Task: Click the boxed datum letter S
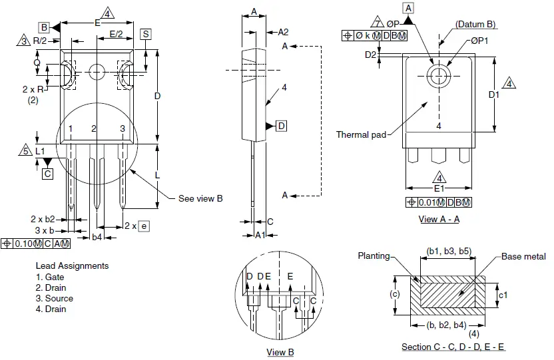[x=146, y=34]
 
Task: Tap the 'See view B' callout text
[x=200, y=198]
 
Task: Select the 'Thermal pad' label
[x=361, y=135]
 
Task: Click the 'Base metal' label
[x=523, y=257]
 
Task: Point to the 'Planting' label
[x=374, y=256]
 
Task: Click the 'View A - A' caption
[x=439, y=219]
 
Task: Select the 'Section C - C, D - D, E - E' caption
[x=453, y=347]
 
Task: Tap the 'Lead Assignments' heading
[x=72, y=266]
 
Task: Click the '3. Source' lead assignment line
[x=55, y=298]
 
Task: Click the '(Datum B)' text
[x=475, y=24]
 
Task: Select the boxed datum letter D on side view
[x=282, y=126]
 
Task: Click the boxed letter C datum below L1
[x=47, y=174]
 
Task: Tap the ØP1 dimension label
[x=479, y=41]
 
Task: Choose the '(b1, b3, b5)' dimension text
[x=449, y=251]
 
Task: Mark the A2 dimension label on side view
[x=283, y=32]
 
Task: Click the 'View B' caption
[x=280, y=352]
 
